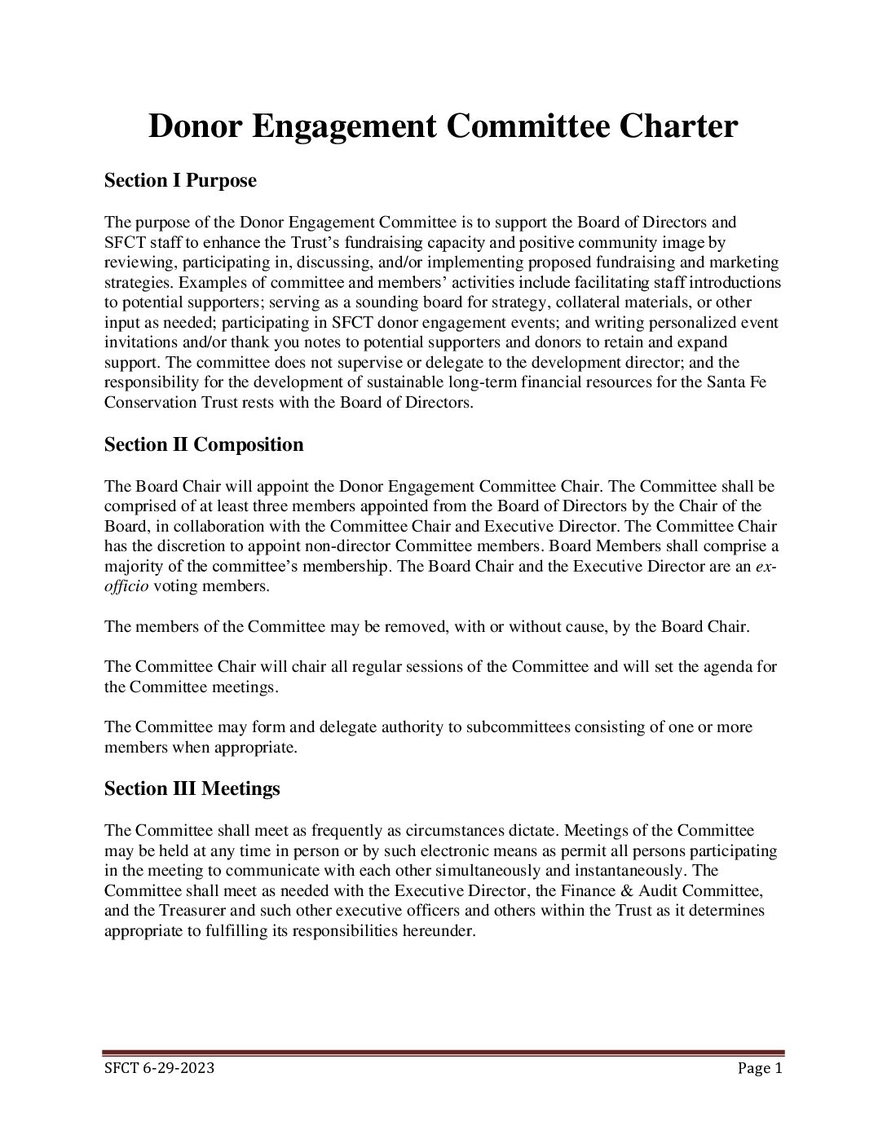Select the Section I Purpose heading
pos(180,180)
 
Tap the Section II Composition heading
pos(204,444)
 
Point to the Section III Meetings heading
pos(192,788)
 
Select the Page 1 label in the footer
pos(760,1068)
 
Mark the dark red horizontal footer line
pos(443,1053)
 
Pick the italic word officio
pos(126,586)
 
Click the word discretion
pos(188,546)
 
